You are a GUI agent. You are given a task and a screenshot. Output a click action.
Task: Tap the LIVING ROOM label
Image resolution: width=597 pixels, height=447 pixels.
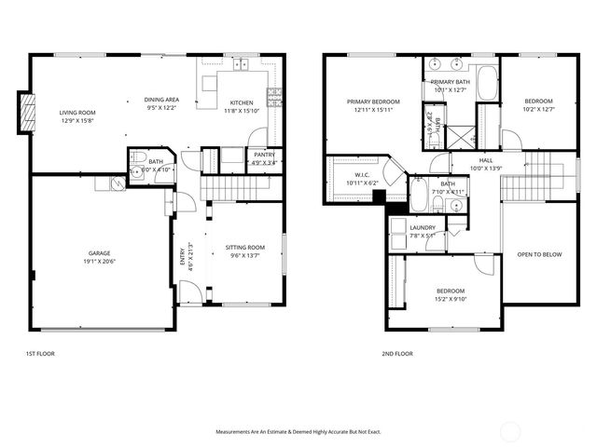(77, 113)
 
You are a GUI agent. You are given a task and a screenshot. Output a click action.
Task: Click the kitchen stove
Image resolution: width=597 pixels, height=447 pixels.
(274, 94)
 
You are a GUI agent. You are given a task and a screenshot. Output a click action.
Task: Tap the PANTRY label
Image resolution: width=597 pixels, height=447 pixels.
(265, 155)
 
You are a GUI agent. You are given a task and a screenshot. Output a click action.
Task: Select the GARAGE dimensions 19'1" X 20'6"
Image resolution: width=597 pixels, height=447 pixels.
(100, 261)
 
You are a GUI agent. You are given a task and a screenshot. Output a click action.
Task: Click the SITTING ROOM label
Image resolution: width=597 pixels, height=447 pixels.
(245, 248)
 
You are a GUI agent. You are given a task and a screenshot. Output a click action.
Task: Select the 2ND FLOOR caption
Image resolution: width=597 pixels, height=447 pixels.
(397, 354)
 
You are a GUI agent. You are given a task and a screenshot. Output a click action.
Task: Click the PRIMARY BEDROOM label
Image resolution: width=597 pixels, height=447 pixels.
(373, 102)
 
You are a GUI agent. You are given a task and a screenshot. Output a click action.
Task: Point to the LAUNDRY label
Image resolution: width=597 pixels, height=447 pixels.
(423, 227)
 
